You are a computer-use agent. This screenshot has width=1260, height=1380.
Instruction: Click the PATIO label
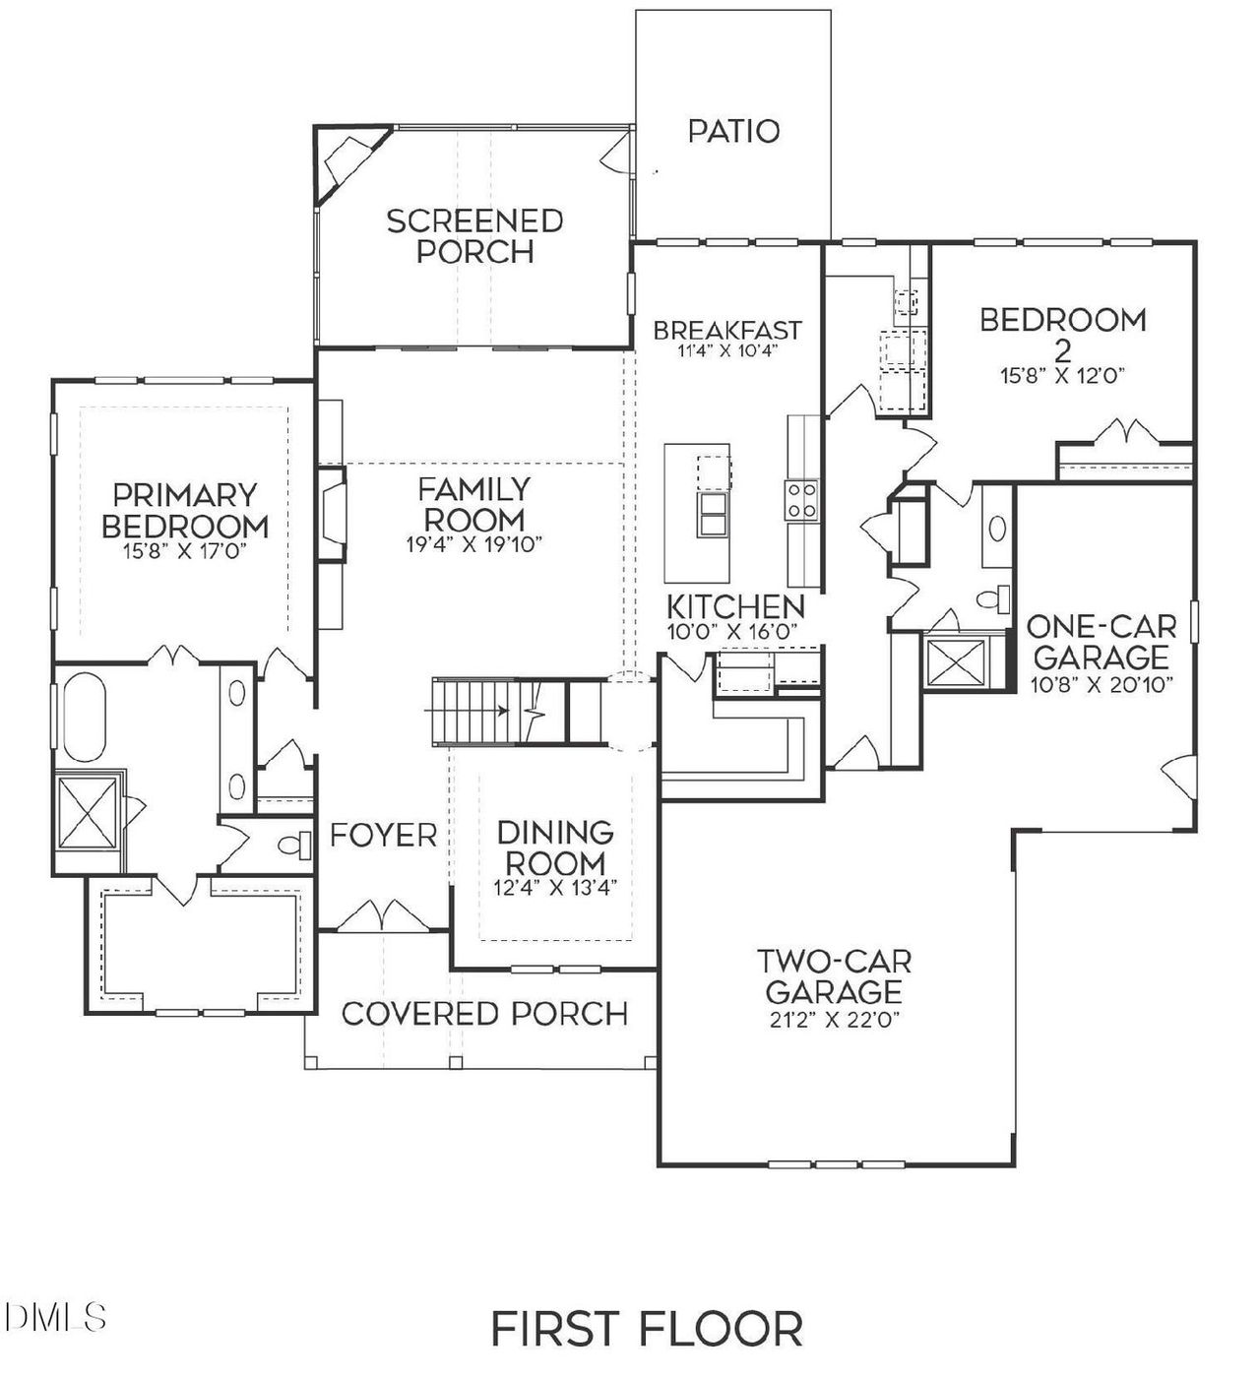733,131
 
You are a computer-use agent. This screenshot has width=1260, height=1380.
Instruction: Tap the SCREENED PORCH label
474,235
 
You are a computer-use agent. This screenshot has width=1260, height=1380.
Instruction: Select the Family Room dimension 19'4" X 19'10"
474,543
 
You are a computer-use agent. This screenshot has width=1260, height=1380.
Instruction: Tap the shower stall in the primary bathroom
89,811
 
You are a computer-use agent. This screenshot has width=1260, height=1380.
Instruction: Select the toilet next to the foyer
289,844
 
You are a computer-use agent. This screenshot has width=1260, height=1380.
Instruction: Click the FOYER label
383,836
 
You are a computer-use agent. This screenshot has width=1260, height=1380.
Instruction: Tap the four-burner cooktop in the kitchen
800,499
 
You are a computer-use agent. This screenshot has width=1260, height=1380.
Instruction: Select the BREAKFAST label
727,330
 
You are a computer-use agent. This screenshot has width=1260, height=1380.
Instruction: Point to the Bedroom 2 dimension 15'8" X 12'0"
1062,375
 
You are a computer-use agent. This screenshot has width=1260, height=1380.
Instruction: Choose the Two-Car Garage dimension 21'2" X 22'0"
834,1020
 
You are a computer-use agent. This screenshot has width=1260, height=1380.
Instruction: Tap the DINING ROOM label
555,847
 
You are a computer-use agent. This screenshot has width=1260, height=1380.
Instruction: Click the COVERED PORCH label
484,1013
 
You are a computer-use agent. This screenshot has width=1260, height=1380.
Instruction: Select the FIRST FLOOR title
647,1328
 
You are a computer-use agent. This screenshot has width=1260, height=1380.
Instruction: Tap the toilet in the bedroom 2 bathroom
995,597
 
